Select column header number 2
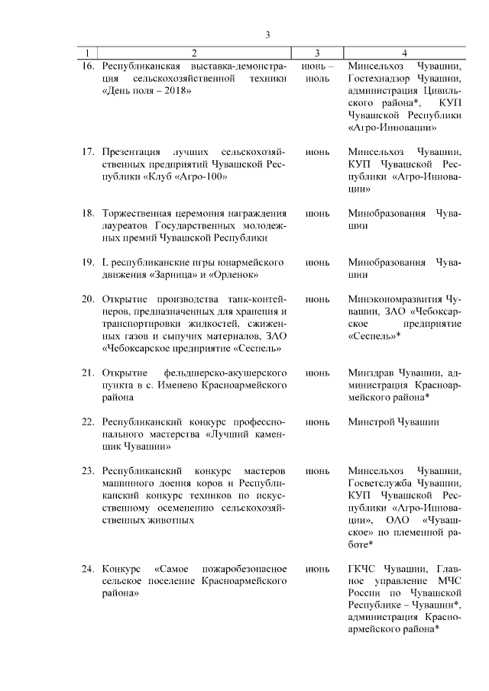pyautogui.click(x=193, y=53)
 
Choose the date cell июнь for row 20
pyautogui.click(x=317, y=299)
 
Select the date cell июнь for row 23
pyautogui.click(x=317, y=470)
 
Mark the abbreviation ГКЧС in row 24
pyautogui.click(x=362, y=569)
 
